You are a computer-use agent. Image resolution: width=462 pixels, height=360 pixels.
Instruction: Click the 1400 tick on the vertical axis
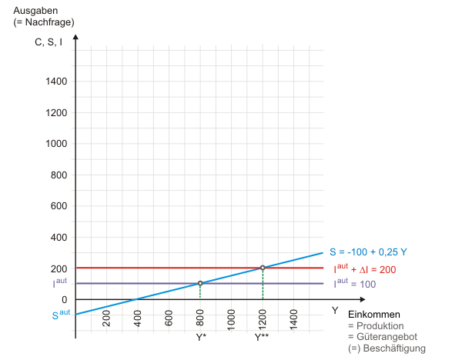point(56,82)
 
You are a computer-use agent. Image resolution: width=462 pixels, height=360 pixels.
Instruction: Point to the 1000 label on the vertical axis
point(56,144)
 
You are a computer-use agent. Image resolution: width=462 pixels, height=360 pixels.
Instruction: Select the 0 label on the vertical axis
point(65,300)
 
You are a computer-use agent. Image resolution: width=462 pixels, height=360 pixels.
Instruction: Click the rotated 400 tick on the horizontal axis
point(137,317)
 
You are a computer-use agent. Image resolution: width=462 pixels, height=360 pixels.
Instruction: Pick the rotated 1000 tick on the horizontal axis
point(231,317)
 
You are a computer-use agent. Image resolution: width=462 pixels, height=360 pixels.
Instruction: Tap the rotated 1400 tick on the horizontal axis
point(293,317)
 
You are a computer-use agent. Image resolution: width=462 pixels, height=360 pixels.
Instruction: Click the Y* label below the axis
point(200,337)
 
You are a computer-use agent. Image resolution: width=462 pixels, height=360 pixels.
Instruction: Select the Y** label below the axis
point(262,337)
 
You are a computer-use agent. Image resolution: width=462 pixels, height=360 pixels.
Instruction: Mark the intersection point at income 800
point(200,283)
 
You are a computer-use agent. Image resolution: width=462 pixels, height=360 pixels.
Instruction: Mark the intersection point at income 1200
point(263,268)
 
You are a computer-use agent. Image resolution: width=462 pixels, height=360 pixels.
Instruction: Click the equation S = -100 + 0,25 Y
point(369,252)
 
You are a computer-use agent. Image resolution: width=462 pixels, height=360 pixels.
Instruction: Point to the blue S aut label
point(61,313)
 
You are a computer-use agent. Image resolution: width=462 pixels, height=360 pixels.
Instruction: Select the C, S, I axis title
point(49,42)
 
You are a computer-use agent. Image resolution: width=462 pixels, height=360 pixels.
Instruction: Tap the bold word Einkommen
point(374,315)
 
